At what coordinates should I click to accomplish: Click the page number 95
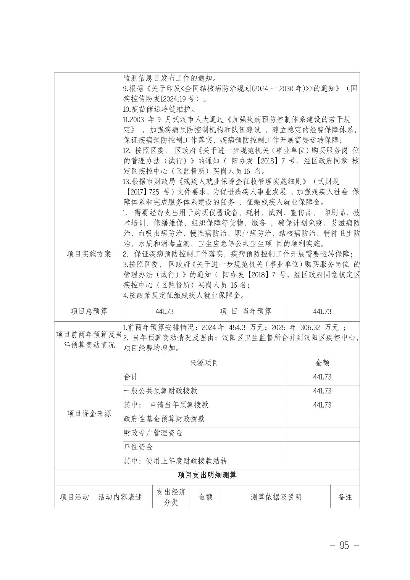pyautogui.click(x=344, y=545)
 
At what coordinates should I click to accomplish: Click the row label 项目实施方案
pyautogui.click(x=89, y=254)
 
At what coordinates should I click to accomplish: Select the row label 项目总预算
pyautogui.click(x=89, y=311)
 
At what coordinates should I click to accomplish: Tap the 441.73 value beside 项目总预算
pyautogui.click(x=165, y=311)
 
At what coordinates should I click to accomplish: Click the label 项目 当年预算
pyautogui.click(x=245, y=311)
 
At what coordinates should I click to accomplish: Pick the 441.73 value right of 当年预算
pyautogui.click(x=322, y=311)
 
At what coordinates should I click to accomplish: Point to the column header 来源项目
pyautogui.click(x=204, y=363)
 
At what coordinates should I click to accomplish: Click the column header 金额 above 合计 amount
pyautogui.click(x=322, y=363)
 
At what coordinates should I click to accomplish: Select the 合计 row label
pyautogui.click(x=131, y=377)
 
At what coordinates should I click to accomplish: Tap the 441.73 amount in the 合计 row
pyautogui.click(x=322, y=377)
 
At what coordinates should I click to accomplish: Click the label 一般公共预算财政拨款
pyautogui.click(x=161, y=391)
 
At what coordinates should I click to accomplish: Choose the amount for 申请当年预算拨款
pyautogui.click(x=322, y=405)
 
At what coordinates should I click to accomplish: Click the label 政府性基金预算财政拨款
pyautogui.click(x=164, y=419)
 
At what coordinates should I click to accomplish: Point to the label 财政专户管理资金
pyautogui.click(x=153, y=433)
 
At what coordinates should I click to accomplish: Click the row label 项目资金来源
pyautogui.click(x=89, y=414)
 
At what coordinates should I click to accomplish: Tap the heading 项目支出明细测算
pyautogui.click(x=207, y=475)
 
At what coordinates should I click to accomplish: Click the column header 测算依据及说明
pyautogui.click(x=276, y=497)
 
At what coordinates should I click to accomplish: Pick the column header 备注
pyautogui.click(x=345, y=497)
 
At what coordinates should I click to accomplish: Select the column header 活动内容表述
pyautogui.click(x=120, y=497)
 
